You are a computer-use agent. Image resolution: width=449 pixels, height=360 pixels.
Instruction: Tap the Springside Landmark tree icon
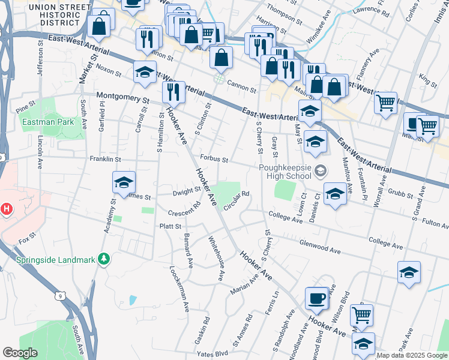105,259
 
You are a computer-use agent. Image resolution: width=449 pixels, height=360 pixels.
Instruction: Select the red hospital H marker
7,209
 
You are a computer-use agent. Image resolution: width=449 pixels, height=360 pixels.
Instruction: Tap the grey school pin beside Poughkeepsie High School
320,172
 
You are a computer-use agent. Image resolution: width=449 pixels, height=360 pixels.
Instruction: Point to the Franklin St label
105,160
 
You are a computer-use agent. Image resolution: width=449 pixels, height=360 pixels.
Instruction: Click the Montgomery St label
123,98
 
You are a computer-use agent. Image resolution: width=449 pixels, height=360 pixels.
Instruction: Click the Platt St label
170,226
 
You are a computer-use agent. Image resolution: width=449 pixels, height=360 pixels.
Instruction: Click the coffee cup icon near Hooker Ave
316,298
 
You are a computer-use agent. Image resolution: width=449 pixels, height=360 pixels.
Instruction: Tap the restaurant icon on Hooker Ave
173,92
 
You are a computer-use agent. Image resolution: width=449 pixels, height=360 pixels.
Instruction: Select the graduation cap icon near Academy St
124,182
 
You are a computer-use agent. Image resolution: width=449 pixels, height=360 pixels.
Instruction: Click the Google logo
20,353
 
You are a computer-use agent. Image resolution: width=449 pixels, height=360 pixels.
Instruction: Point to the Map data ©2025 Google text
412,356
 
